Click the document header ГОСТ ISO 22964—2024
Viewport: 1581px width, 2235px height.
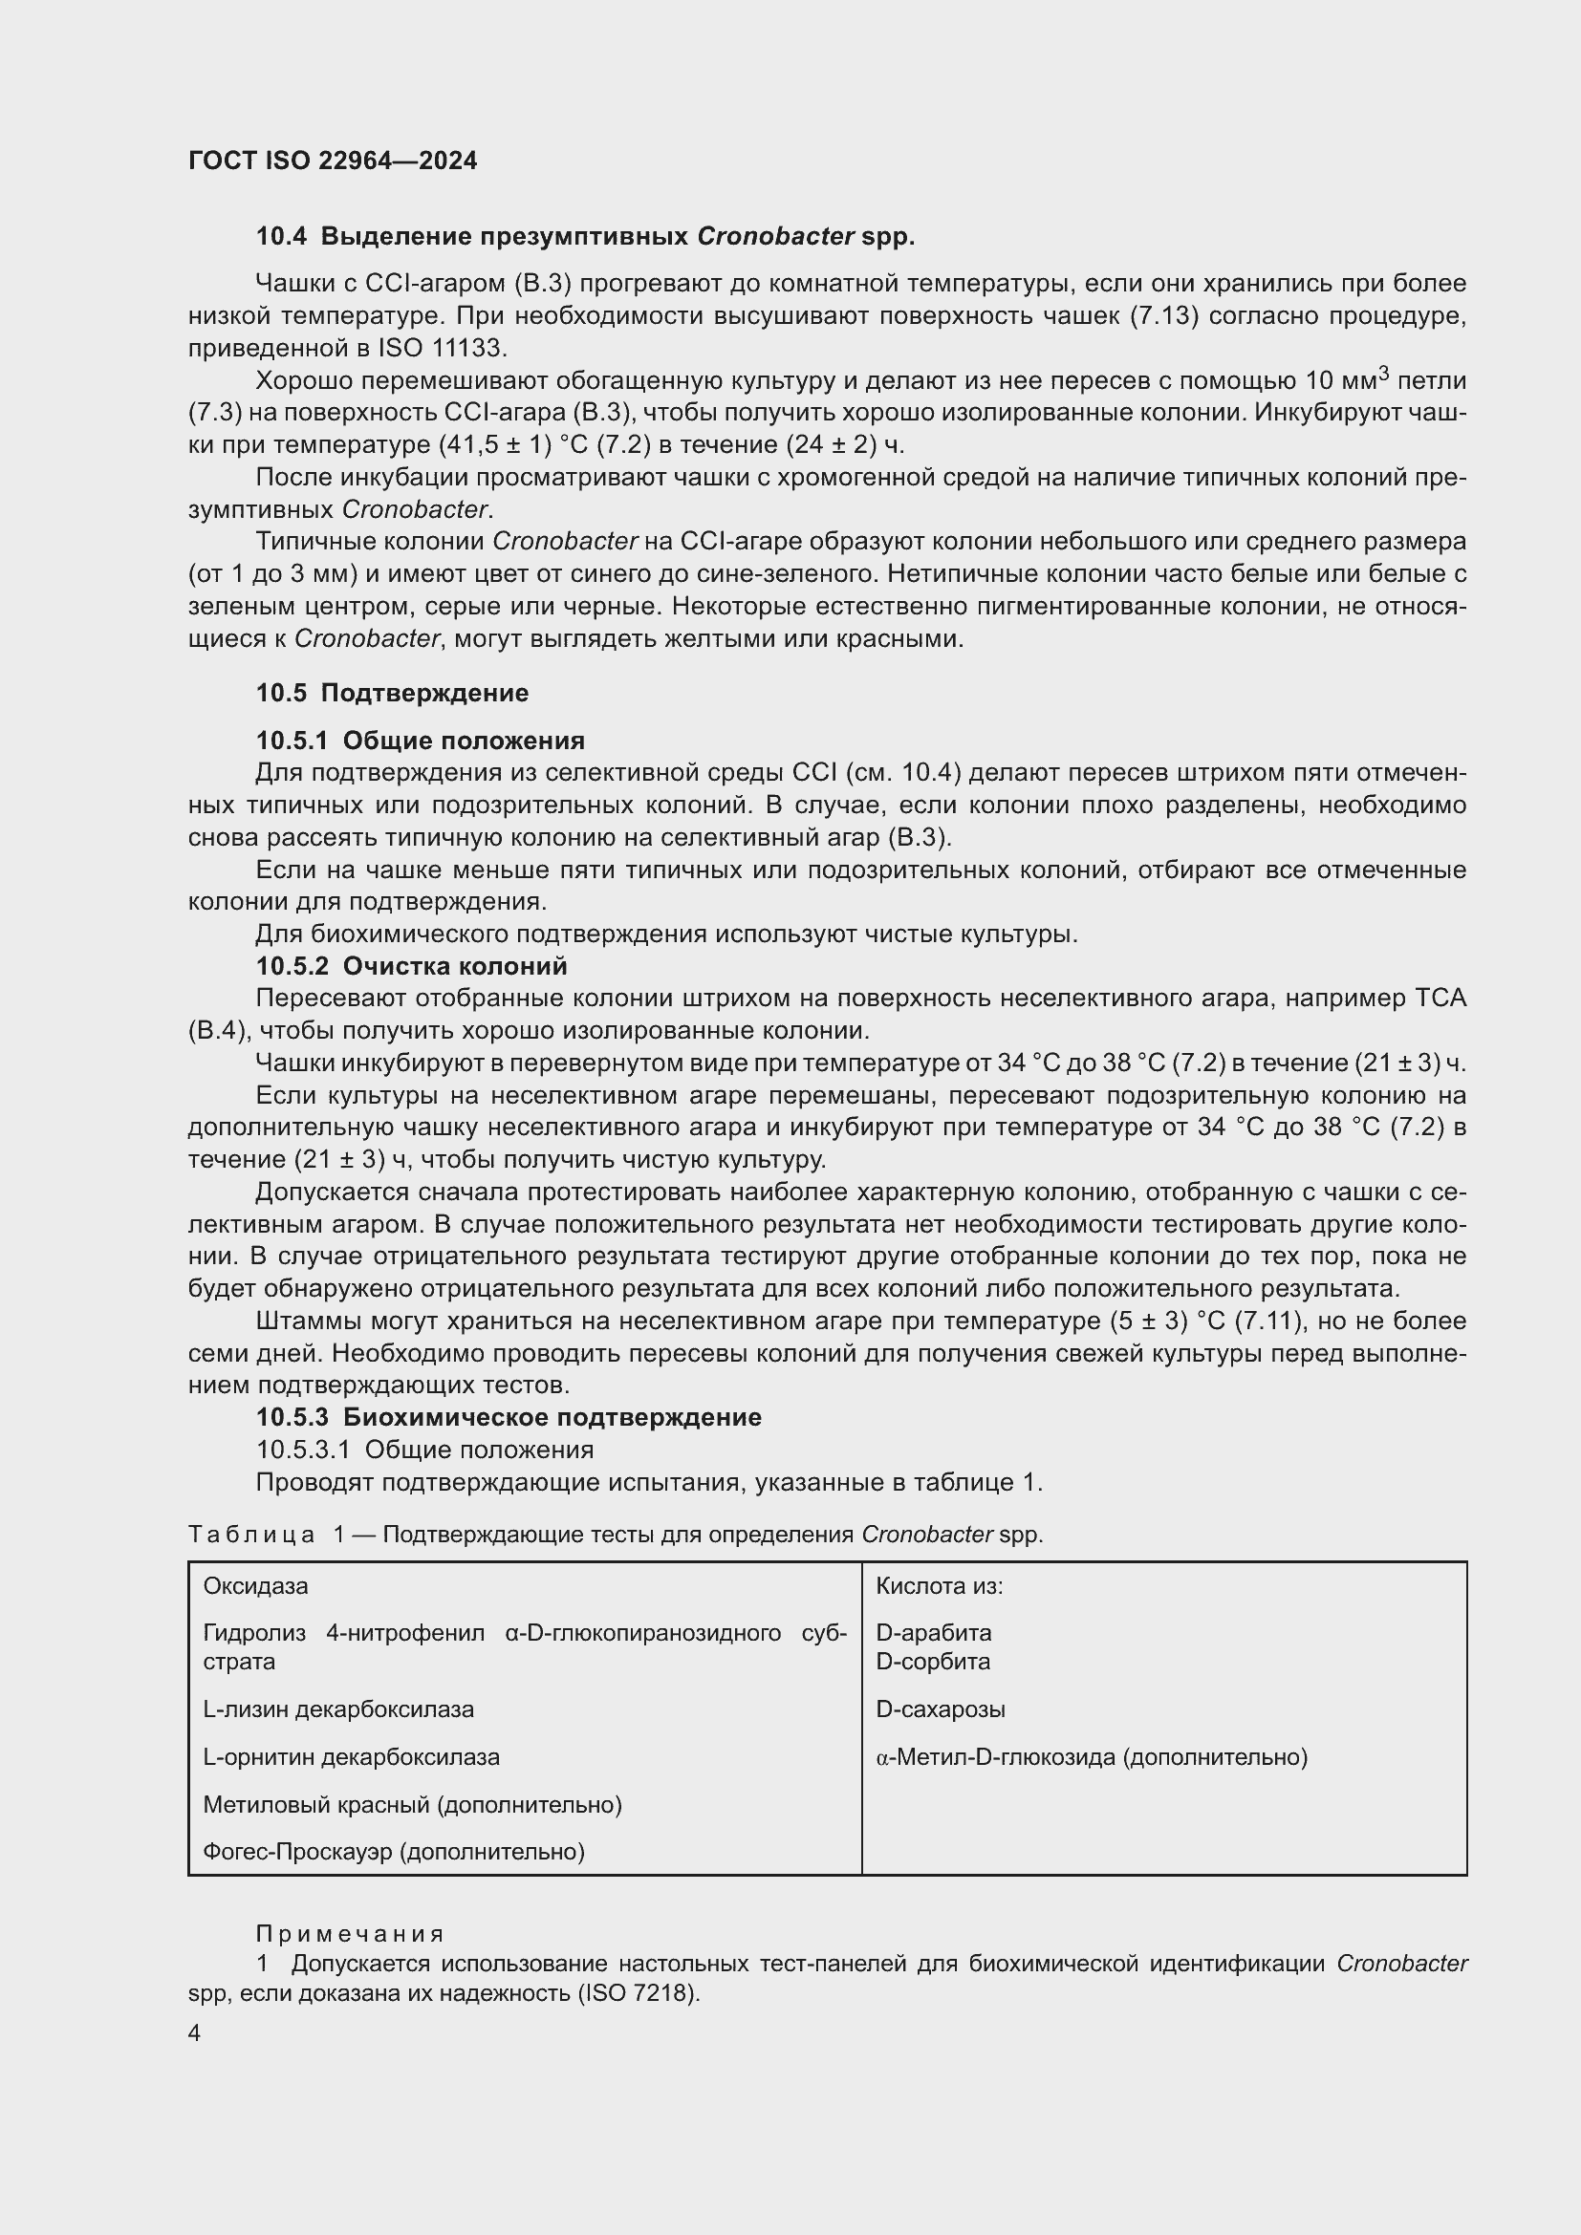pos(332,161)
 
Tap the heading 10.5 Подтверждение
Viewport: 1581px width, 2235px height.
pos(392,693)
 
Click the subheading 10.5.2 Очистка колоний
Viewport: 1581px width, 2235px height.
pos(411,967)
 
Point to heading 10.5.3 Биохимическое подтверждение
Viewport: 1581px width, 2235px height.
pos(509,1417)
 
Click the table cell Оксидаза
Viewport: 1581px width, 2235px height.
pos(255,1586)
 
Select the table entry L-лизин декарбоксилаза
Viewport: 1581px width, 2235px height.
pos(337,1708)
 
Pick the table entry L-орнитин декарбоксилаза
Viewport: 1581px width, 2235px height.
pos(351,1757)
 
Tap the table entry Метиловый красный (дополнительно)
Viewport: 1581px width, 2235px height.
pos(412,1805)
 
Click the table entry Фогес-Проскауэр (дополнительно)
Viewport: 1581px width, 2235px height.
pos(393,1852)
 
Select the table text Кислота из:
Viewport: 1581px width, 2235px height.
pos(939,1586)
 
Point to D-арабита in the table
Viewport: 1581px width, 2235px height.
pos(933,1632)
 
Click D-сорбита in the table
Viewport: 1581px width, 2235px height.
pos(933,1661)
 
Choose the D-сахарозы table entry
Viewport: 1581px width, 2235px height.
pos(941,1708)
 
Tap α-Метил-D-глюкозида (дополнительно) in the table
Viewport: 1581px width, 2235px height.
pos(1091,1757)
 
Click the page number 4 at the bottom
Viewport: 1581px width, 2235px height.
pos(195,2033)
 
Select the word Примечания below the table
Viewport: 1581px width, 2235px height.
pos(350,1934)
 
